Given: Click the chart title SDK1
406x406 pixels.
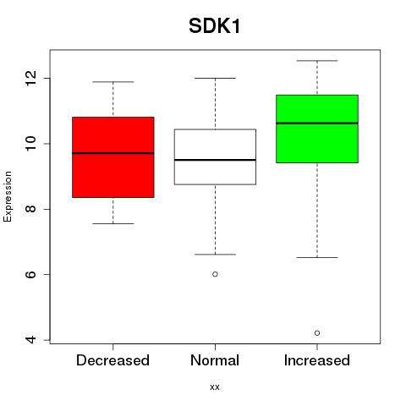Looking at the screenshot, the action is coord(214,26).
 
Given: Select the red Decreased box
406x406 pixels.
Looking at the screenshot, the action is coord(113,157).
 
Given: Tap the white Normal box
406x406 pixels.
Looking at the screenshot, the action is coord(215,156).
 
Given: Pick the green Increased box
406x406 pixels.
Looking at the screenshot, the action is coord(317,129).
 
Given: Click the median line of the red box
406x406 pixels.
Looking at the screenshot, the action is coord(113,153).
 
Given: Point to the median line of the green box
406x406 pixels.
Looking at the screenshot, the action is coord(317,123).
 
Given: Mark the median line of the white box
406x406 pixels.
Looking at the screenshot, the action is coord(215,160).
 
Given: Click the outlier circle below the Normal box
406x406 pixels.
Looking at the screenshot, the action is coord(215,274).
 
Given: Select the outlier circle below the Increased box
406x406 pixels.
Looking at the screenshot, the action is coord(317,333).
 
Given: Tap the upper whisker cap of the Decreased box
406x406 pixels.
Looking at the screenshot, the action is coord(113,82).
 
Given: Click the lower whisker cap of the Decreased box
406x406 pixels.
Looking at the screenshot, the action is coord(113,223).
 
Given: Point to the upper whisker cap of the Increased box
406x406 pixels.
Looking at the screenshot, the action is coord(317,61).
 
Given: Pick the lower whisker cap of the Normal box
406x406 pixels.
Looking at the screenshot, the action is coord(215,255).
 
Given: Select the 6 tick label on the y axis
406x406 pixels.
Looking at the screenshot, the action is coord(31,274).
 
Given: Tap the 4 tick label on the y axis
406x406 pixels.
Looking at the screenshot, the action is coord(31,340).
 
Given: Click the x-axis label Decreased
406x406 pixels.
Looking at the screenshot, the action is coord(112,360).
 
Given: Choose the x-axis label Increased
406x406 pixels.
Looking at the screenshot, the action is coord(317,360).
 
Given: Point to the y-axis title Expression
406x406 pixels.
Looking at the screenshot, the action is coord(8,196).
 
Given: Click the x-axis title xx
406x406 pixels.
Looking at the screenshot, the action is coord(215,387).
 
